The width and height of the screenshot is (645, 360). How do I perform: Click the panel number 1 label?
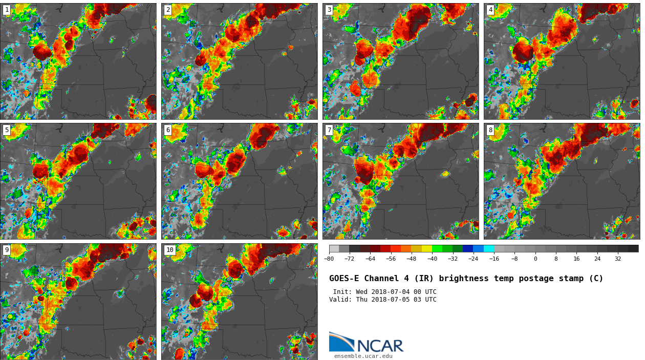(7, 10)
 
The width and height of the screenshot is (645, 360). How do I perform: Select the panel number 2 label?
(168, 10)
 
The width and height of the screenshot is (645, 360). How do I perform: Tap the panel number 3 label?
(329, 10)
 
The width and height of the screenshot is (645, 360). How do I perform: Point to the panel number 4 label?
(490, 10)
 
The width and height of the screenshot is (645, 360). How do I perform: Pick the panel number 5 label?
(7, 130)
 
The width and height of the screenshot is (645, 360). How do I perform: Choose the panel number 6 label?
(168, 130)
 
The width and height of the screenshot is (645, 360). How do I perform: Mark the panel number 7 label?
(329, 130)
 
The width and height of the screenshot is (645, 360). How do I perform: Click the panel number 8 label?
(490, 130)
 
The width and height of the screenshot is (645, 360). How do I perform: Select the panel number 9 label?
(7, 250)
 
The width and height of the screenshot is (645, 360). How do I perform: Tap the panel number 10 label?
(169, 250)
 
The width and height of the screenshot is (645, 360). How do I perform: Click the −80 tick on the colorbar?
(329, 259)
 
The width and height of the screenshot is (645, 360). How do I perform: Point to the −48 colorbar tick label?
(411, 259)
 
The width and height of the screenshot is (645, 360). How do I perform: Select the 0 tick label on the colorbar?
(535, 259)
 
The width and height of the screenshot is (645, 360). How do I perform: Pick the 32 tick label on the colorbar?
(618, 259)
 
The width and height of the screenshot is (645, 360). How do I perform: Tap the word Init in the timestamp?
(341, 292)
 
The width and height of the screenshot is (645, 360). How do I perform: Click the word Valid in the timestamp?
(339, 300)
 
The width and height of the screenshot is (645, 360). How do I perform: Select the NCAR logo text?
(380, 346)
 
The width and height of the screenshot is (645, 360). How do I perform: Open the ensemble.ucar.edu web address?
(363, 356)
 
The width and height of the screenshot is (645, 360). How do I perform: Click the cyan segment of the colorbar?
(489, 248)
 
